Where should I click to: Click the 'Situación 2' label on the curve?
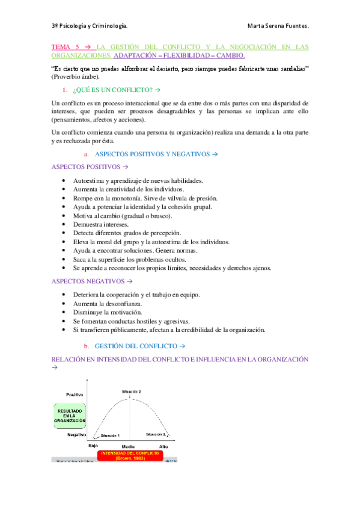click(131, 392)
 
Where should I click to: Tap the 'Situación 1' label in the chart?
click(110, 435)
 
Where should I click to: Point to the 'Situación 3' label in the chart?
click(156, 434)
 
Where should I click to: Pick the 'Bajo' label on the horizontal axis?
click(93, 446)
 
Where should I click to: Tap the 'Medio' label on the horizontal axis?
click(128, 447)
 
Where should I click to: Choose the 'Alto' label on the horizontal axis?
click(163, 447)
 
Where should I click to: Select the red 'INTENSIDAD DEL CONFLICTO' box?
click(130, 455)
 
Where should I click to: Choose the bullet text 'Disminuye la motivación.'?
click(107, 312)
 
